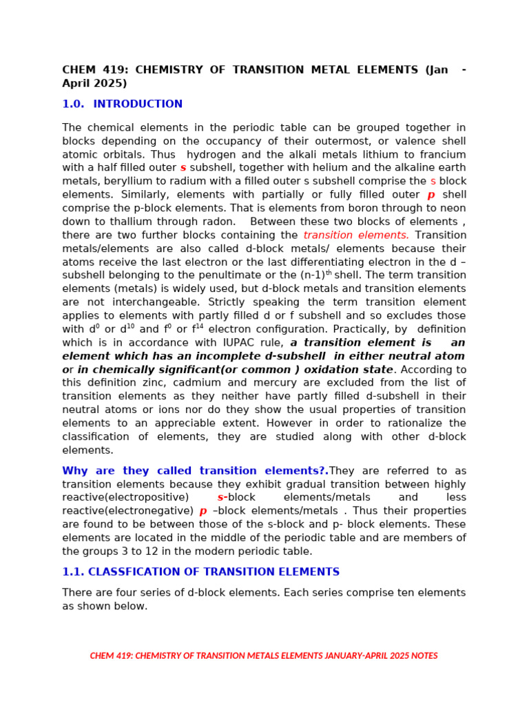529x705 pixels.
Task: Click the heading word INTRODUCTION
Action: (138, 104)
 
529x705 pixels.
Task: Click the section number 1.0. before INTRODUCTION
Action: (73, 104)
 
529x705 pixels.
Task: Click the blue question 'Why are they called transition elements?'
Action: (195, 471)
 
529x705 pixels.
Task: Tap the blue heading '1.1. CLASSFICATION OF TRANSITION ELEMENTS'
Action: (200, 572)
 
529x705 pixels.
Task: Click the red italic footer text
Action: (264, 655)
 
